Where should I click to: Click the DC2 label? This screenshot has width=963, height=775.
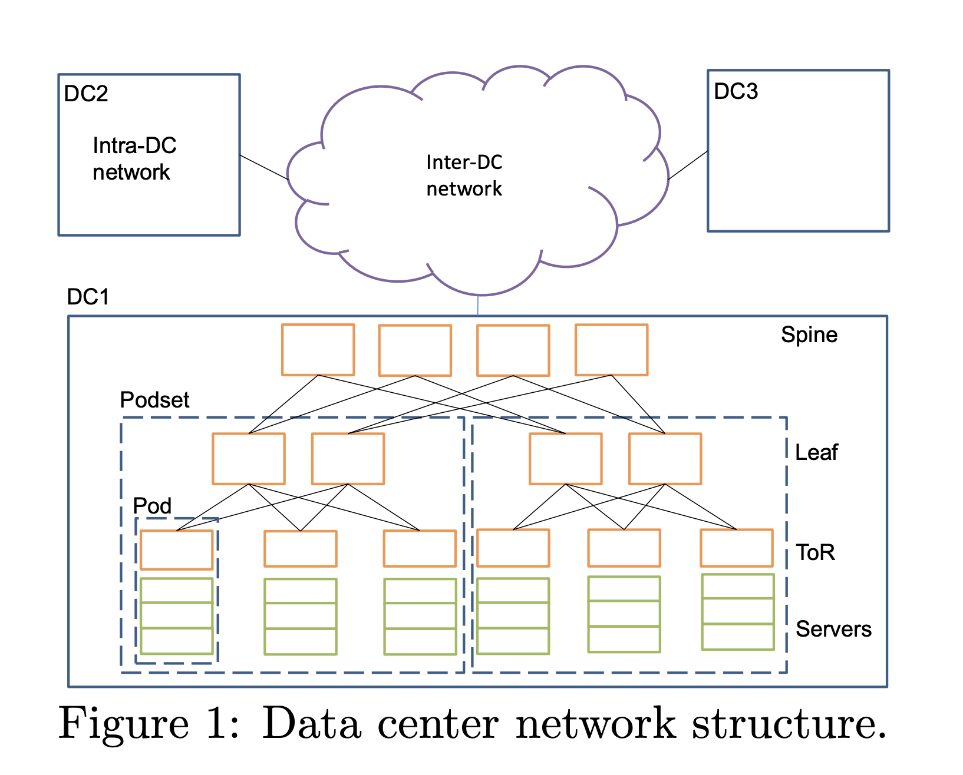[86, 94]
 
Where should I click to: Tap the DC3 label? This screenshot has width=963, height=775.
[736, 92]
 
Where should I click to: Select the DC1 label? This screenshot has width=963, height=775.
[88, 297]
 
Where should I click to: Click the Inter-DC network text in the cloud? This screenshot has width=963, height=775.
[464, 175]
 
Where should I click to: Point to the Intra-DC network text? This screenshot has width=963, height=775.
[134, 159]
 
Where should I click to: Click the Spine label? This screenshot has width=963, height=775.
[809, 335]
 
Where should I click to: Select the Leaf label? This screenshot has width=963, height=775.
[816, 452]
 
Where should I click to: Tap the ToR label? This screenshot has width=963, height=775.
[815, 552]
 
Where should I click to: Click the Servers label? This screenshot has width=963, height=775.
[833, 629]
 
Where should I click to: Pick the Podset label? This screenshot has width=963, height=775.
[154, 400]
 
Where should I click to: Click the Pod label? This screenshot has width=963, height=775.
[152, 506]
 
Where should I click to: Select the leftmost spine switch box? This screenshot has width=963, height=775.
[318, 350]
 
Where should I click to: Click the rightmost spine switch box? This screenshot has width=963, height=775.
[611, 350]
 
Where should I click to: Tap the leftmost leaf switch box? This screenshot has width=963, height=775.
[249, 459]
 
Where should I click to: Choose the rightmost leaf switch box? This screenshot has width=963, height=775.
[665, 459]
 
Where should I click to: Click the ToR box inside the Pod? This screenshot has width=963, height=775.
[176, 549]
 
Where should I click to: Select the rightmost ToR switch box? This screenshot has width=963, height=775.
[736, 548]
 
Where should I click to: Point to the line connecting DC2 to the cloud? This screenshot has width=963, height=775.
[263, 167]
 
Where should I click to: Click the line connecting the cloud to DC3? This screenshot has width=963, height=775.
[688, 165]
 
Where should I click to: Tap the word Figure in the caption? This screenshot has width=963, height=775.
[124, 724]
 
